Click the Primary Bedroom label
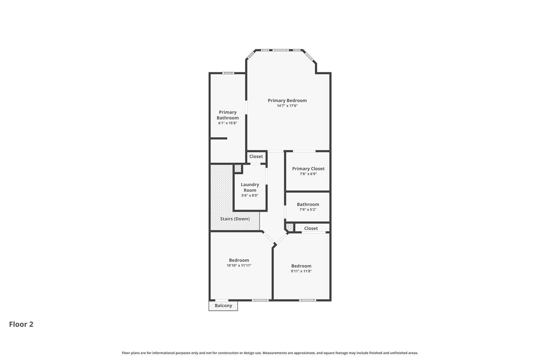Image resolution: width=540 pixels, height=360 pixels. point(287,100)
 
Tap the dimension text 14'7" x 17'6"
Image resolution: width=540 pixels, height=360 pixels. point(287,106)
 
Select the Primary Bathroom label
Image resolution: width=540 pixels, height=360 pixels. point(228,115)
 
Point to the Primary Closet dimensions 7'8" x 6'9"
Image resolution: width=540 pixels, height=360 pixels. point(308,174)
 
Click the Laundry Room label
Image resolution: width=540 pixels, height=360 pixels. point(250,187)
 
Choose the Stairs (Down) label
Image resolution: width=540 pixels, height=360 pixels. point(235,219)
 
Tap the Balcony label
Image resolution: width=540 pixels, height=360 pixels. point(223,306)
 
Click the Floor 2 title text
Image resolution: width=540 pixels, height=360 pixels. point(21,324)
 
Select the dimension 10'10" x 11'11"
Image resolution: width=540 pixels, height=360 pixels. point(239,265)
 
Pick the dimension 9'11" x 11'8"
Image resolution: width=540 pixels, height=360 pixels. point(301,271)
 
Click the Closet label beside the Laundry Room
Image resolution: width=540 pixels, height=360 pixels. point(256,156)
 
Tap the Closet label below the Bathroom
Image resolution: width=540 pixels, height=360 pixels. point(311,228)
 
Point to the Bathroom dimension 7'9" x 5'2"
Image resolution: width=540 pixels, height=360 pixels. point(308,209)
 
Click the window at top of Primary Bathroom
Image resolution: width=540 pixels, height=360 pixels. point(228,73)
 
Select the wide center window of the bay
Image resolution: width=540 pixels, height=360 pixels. point(281,50)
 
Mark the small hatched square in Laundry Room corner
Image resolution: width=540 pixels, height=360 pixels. point(238,168)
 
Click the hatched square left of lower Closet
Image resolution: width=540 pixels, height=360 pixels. point(290,227)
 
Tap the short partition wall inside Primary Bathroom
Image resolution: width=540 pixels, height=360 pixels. point(219,138)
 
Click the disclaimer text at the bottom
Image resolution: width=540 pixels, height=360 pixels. point(270,353)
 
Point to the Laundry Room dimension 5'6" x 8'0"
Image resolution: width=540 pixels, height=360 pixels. point(250,195)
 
